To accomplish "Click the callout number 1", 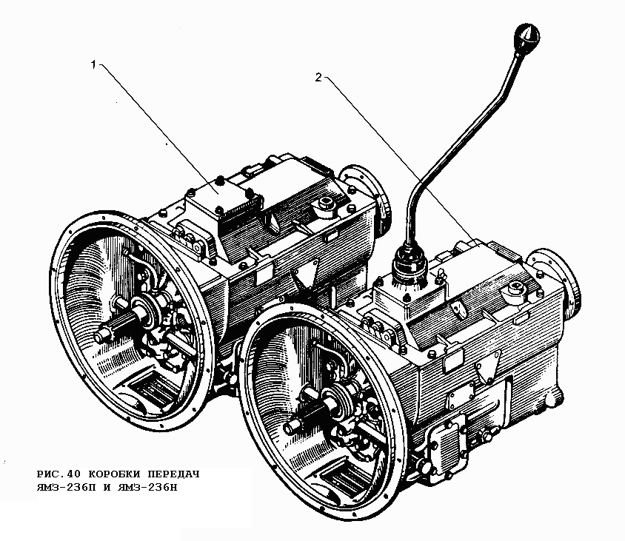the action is [93, 64].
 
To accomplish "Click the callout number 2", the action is [318, 77].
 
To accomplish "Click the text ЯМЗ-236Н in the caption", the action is [147, 487].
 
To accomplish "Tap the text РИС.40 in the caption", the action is [59, 474].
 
